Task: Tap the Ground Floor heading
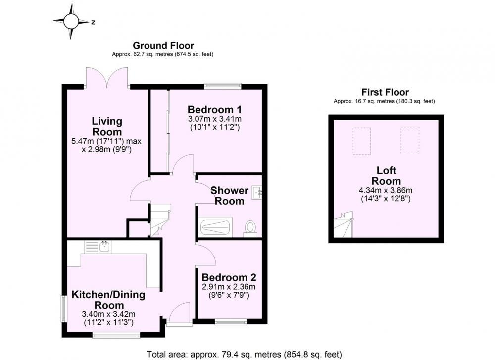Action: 163,46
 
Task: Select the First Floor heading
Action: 385,92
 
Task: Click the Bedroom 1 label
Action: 215,110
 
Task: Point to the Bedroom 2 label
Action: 229,278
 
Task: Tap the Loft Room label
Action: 386,176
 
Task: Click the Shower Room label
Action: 230,196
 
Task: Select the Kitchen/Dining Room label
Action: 108,300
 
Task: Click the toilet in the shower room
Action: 250,228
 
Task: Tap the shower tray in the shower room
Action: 215,227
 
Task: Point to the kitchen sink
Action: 98,247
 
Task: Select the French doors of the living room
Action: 107,77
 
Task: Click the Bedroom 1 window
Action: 223,85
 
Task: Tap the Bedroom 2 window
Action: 231,322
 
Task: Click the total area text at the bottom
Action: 245,355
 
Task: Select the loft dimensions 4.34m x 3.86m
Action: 386,191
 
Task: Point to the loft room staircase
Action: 344,224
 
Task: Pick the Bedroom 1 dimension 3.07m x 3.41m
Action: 215,119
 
